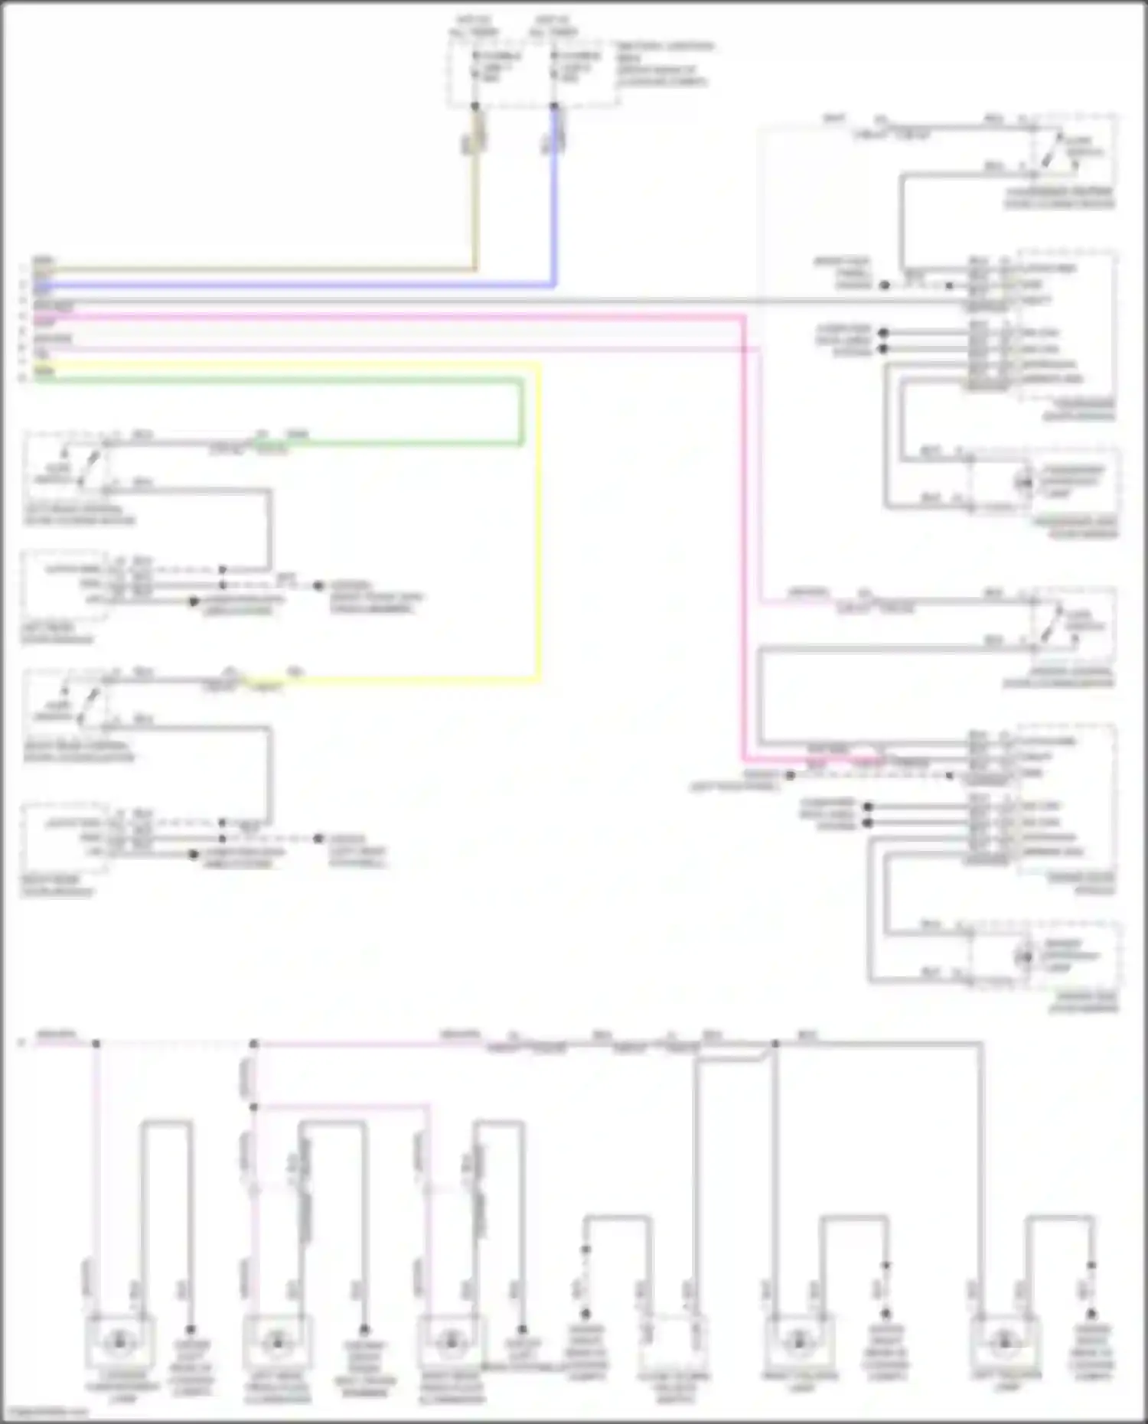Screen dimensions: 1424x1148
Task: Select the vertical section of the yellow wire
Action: click(x=539, y=520)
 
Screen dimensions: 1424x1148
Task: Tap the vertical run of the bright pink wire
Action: click(x=743, y=536)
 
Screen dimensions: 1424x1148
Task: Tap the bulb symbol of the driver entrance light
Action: click(x=1023, y=956)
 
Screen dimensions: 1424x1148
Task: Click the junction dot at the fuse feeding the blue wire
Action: click(x=554, y=106)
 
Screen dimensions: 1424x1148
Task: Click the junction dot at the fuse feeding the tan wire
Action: click(x=475, y=106)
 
